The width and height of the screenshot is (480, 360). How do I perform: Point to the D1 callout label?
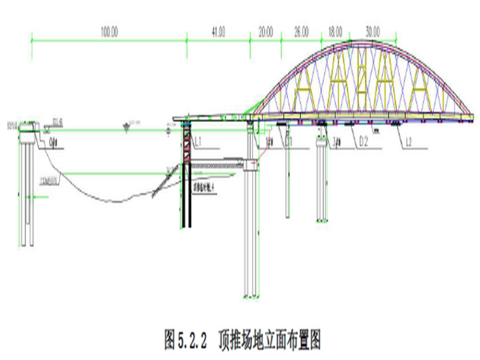coord(290,143)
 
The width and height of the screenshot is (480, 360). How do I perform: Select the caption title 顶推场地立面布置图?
coord(270,341)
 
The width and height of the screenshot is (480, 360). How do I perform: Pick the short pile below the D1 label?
coord(288,183)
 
